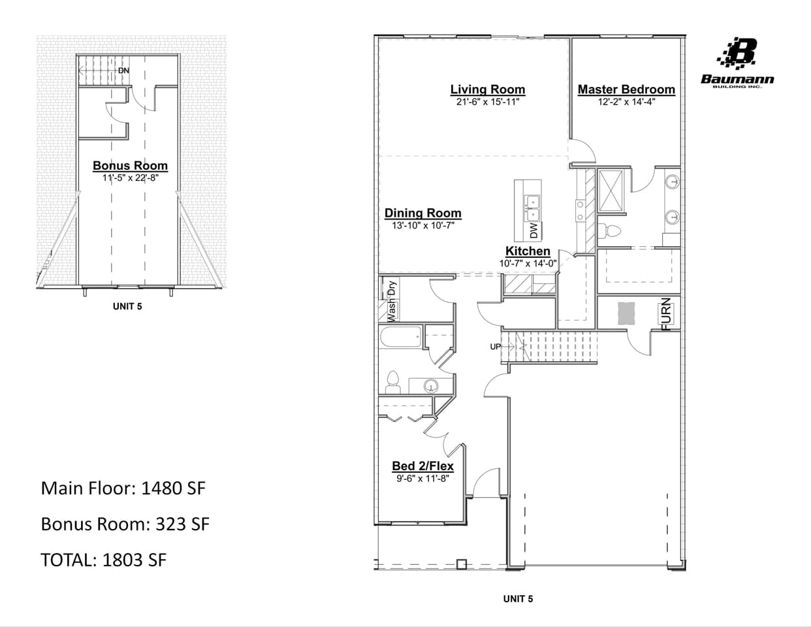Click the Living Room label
[487, 89]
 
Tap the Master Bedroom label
[626, 89]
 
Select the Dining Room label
[422, 213]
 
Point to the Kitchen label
[528, 251]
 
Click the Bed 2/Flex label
[422, 466]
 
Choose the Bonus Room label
[130, 166]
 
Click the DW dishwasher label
[533, 231]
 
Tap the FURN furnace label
[666, 314]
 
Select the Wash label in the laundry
[392, 310]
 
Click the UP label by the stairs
[496, 347]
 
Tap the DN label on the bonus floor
[123, 71]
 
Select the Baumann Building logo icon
[738, 53]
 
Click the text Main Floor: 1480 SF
[123, 489]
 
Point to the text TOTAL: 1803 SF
[103, 560]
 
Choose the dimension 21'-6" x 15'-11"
[487, 102]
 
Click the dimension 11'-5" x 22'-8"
[130, 178]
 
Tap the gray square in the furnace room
[626, 313]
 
